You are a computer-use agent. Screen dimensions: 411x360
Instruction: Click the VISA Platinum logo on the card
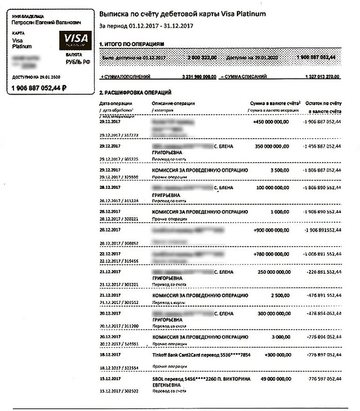pos(75,40)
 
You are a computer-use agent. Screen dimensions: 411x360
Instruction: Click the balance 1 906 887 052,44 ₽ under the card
pos(39,88)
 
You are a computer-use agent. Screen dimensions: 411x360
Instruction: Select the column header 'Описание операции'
pos(173,103)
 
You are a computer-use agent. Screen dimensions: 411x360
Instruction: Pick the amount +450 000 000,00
pos(271,122)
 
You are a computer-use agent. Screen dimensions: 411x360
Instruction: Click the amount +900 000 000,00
pos(271,230)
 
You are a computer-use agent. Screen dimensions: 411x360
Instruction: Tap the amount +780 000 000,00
pos(271,254)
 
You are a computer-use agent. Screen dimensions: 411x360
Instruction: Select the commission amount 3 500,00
pos(278,169)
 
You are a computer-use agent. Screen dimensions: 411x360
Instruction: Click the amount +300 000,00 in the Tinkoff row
pos(276,355)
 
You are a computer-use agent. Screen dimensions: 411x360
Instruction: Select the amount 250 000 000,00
pos(272,271)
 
